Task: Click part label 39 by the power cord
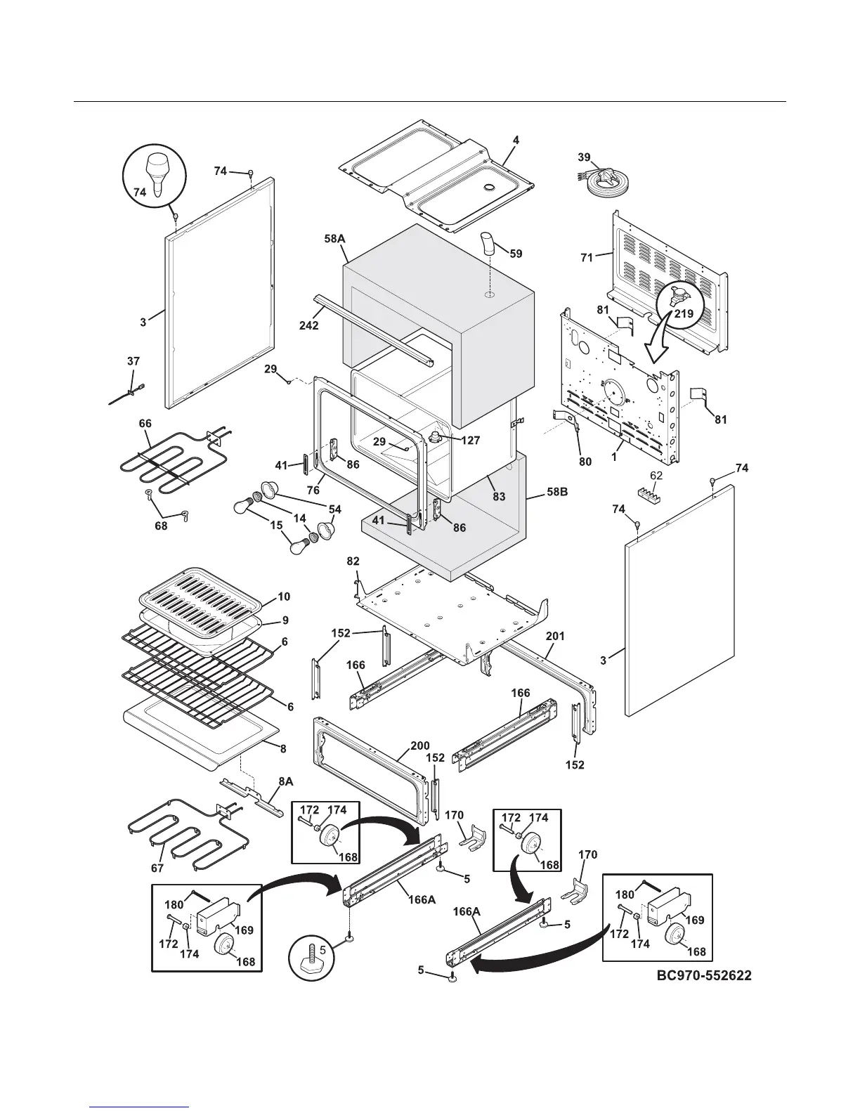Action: click(584, 157)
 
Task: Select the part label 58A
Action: click(334, 239)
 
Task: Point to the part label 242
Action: click(308, 325)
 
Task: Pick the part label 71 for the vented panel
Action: click(587, 258)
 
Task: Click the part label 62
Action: click(655, 475)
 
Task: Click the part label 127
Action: click(471, 441)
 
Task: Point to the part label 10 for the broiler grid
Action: click(284, 597)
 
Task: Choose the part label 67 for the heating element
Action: click(157, 868)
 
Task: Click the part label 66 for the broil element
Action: click(145, 424)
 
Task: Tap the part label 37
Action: click(133, 361)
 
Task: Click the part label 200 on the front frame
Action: click(419, 746)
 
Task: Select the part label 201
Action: click(555, 636)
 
